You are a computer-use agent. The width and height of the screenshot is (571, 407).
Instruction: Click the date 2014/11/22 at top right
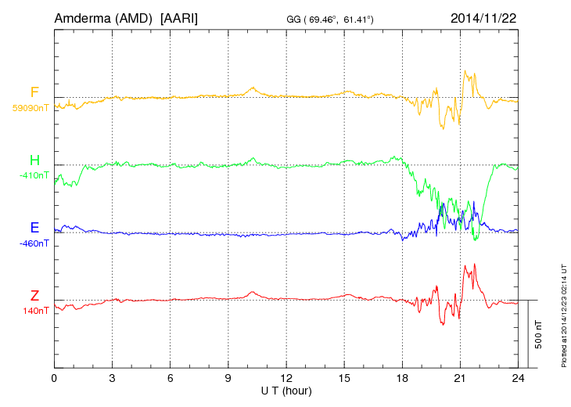(x=483, y=17)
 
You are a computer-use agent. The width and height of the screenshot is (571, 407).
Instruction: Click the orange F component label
(x=34, y=93)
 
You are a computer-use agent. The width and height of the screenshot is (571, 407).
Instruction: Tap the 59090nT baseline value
(x=31, y=108)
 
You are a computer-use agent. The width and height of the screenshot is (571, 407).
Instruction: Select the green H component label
(x=34, y=160)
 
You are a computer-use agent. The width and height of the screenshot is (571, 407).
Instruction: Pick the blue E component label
(x=34, y=228)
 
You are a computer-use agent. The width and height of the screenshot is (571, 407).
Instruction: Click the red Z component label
(x=34, y=296)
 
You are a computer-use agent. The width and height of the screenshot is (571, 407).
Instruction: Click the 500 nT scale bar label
(x=539, y=334)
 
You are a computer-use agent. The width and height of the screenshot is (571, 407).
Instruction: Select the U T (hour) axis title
(x=286, y=390)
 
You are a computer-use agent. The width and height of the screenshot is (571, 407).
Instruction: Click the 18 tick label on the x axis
(x=402, y=378)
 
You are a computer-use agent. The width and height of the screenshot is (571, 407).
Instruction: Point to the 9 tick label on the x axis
(x=228, y=378)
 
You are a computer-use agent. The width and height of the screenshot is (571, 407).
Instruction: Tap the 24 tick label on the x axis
(x=518, y=378)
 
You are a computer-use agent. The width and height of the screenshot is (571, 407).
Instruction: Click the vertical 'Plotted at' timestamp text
(x=562, y=317)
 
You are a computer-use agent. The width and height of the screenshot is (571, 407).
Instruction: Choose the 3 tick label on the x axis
(x=113, y=378)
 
